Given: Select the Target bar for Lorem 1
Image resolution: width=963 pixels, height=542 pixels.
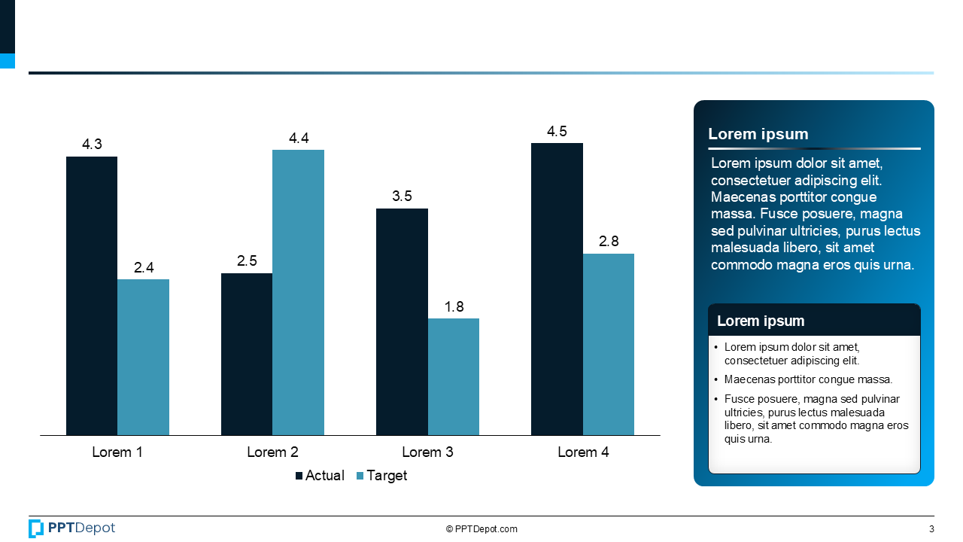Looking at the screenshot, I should (143, 357).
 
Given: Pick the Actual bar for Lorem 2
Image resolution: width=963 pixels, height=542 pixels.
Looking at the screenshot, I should (247, 354).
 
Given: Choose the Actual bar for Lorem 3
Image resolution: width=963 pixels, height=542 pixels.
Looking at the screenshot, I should (402, 321).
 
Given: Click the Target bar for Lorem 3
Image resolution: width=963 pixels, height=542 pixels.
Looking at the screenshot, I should (454, 376).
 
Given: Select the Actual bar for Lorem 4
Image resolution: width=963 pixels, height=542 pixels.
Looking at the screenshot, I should (557, 289).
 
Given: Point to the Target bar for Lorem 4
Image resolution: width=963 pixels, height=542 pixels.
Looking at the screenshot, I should (608, 344).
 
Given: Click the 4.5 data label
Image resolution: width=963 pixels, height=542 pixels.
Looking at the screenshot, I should (557, 132).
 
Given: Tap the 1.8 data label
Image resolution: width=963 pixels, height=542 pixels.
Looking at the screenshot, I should (454, 307).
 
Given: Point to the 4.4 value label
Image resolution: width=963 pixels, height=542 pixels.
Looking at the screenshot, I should (299, 139).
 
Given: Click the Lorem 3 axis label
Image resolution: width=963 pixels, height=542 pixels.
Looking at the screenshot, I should (427, 452).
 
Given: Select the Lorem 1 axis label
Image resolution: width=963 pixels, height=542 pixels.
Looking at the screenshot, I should (117, 452).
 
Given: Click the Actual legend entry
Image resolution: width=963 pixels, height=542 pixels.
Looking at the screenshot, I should (320, 476).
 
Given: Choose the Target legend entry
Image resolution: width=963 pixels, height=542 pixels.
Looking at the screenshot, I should (381, 476).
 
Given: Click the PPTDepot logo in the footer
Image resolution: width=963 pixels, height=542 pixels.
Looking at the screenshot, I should (72, 528).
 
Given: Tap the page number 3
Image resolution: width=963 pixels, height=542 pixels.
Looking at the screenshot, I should (931, 529).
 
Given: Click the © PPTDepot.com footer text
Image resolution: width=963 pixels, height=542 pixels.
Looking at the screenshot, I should (481, 529).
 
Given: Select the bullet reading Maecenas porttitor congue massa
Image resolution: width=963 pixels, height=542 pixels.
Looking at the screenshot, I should (808, 380).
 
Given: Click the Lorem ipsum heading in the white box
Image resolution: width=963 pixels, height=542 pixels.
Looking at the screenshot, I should (761, 321).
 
